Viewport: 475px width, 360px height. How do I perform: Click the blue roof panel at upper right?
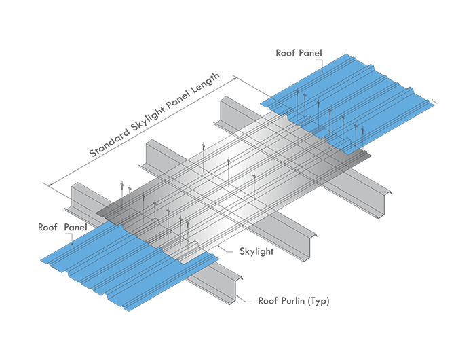[x=353, y=102]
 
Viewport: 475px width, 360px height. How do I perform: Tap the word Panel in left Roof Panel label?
[x=75, y=227]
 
